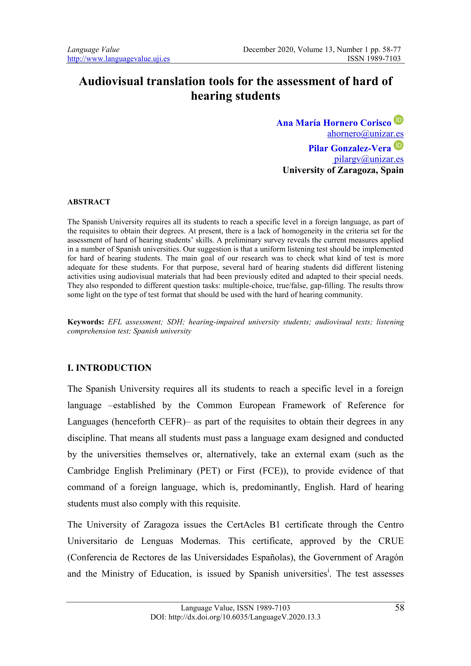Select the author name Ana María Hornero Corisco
pos(333,123)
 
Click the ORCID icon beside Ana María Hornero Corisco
pos(398,120)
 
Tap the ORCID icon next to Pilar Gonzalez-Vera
pos(398,145)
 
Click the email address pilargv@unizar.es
pos(368,159)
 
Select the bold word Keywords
pos(85,322)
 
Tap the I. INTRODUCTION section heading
pos(109,368)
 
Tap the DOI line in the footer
pos(235,617)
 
